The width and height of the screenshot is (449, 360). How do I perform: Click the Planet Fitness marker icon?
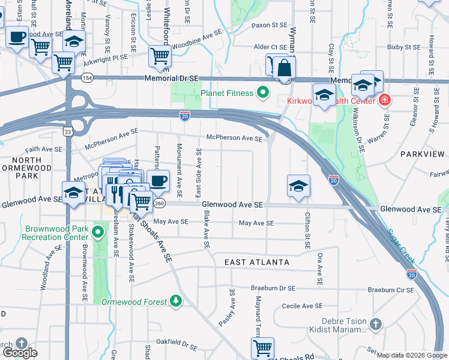(262, 93)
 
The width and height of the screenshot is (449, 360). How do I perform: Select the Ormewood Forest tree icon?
(176, 301)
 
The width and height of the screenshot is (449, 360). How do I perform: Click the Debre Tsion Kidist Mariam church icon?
(375, 325)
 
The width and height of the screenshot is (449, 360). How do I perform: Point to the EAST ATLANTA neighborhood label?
(256, 262)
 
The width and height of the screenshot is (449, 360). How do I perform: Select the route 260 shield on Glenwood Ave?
(158, 203)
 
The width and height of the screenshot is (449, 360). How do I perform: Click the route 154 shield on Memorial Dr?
(88, 78)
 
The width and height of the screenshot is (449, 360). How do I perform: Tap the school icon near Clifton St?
(298, 185)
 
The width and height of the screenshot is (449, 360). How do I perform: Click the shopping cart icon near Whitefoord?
(160, 56)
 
